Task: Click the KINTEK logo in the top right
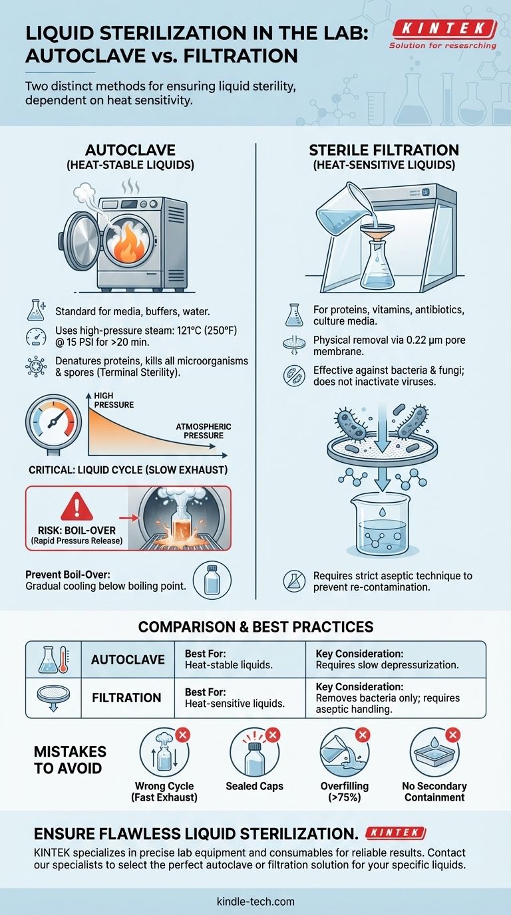pos(444,29)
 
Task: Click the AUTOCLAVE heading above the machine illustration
pos(126,152)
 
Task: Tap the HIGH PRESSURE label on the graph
pos(114,400)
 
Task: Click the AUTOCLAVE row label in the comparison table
pos(127,659)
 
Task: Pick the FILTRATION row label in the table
pos(126,698)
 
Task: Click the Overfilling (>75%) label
pos(345,791)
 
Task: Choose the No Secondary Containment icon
pos(434,751)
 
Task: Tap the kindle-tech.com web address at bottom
pos(255,901)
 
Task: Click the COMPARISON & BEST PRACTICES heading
pos(255,626)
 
